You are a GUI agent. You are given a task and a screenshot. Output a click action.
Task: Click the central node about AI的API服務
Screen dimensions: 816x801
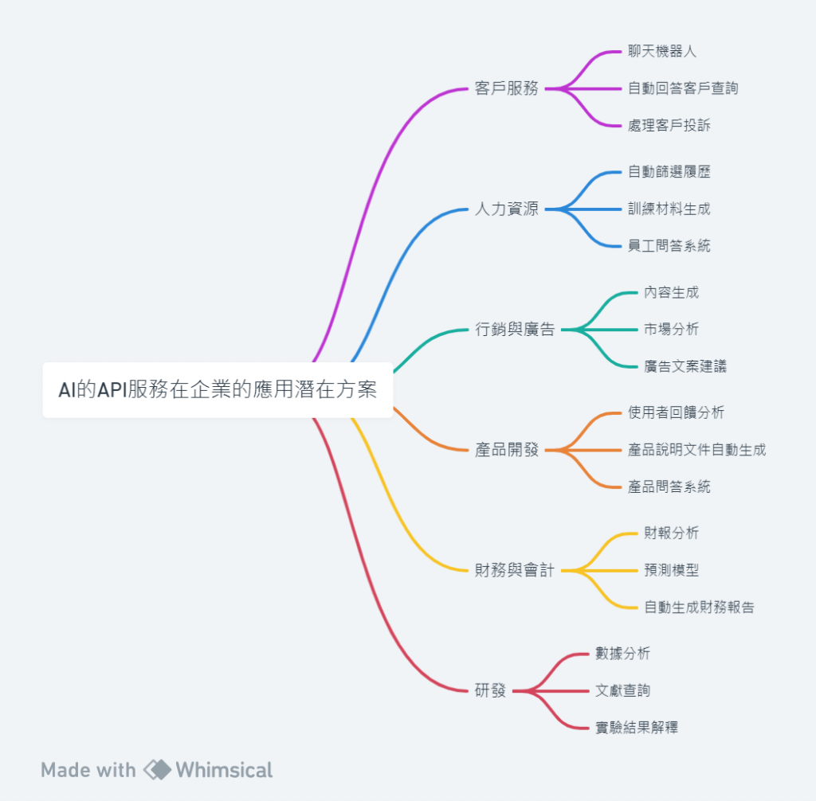(x=218, y=390)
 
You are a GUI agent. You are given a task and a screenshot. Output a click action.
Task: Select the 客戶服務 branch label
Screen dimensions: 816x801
(x=506, y=88)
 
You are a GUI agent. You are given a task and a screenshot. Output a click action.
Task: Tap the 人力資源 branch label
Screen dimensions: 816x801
(x=506, y=209)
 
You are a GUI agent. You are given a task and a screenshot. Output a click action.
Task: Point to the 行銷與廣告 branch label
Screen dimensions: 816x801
(x=514, y=330)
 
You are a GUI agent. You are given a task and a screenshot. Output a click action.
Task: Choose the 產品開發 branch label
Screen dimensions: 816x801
(x=506, y=450)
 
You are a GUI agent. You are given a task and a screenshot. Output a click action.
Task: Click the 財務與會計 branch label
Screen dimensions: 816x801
(x=514, y=570)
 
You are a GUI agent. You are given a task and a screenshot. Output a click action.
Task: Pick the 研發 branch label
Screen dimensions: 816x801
(x=490, y=690)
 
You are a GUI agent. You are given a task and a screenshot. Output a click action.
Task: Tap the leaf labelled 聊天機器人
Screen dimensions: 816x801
(x=661, y=51)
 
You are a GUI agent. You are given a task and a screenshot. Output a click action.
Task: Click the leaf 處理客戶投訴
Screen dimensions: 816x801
(x=669, y=125)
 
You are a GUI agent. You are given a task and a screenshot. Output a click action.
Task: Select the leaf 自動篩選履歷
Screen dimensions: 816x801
(x=669, y=172)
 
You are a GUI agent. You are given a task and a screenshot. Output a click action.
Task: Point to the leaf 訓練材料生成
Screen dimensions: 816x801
(x=669, y=209)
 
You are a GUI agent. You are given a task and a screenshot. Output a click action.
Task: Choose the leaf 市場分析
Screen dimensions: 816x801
(x=671, y=329)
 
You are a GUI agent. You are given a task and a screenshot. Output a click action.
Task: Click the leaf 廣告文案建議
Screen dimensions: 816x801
(x=685, y=366)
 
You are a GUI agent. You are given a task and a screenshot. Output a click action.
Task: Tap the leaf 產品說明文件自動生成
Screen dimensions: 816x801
(x=696, y=450)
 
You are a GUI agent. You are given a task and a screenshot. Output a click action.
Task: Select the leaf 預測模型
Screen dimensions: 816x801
(x=671, y=570)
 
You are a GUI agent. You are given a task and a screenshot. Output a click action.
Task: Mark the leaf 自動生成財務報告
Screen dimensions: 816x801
(x=699, y=608)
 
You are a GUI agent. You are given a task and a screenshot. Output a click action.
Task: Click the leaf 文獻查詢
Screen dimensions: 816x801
(x=622, y=690)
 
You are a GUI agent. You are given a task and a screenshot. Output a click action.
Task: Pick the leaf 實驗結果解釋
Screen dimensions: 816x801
(x=637, y=727)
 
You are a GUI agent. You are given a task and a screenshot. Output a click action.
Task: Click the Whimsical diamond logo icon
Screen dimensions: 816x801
(x=157, y=770)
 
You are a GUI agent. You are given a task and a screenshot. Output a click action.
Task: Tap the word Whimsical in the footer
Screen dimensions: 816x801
(x=224, y=770)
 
